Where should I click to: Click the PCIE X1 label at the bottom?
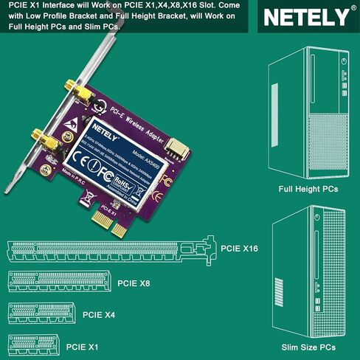(82, 345)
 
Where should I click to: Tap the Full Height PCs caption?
(308, 189)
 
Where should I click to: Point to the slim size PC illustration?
(308, 273)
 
